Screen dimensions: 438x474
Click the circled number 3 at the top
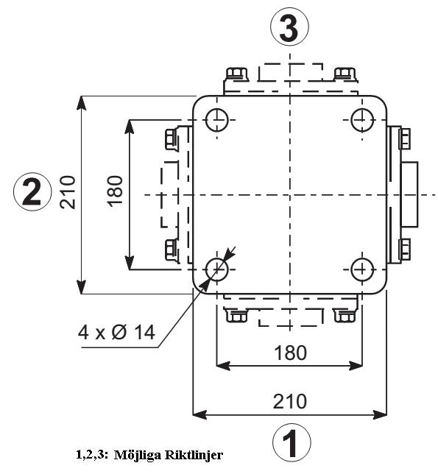(289, 26)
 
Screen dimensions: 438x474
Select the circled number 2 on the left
(32, 191)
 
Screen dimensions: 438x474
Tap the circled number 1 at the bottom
(292, 443)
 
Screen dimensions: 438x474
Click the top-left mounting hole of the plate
(216, 120)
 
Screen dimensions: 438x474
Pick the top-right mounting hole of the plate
(362, 120)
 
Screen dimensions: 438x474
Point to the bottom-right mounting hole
(362, 269)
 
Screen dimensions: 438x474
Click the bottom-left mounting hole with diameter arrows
(216, 269)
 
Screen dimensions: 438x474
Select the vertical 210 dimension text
(68, 192)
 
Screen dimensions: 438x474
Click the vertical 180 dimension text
(115, 191)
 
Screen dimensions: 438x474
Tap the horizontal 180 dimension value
(290, 353)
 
